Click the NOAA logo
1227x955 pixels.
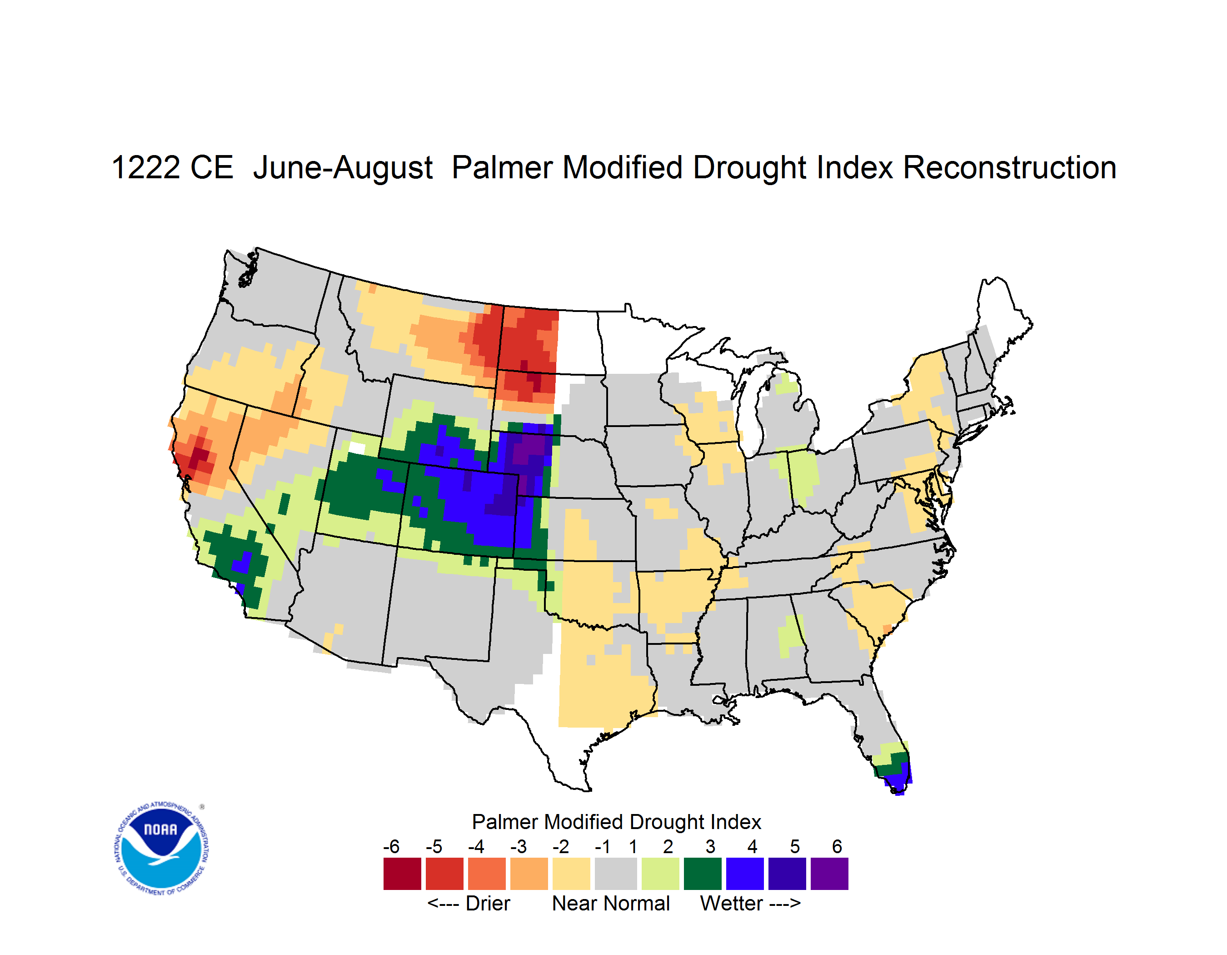(x=162, y=848)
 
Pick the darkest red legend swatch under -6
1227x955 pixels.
(x=402, y=874)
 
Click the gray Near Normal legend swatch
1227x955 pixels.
(x=615, y=874)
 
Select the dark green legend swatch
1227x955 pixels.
(x=702, y=874)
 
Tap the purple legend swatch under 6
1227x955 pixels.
(x=829, y=874)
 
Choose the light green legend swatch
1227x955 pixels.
(x=660, y=874)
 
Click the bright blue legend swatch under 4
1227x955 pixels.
(x=745, y=874)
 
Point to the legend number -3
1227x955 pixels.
(x=519, y=846)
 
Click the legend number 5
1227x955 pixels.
(x=794, y=846)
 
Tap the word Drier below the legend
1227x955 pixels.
(x=488, y=903)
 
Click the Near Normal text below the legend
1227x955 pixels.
(x=611, y=903)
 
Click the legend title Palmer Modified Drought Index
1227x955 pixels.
(x=616, y=822)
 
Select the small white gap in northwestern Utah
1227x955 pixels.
(x=357, y=448)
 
